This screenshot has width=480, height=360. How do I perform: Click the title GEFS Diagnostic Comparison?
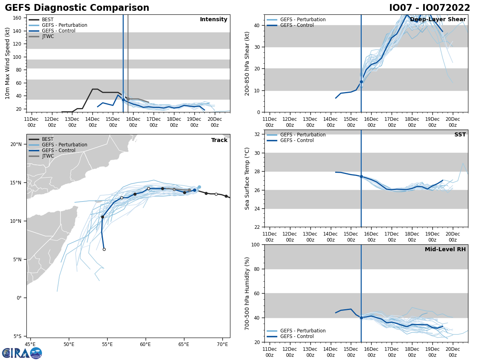[x=77, y=8]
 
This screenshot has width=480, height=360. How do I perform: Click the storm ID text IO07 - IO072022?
[x=430, y=8]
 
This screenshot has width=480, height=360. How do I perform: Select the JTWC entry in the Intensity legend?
[x=48, y=36]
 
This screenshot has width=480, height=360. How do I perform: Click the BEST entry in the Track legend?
[x=48, y=139]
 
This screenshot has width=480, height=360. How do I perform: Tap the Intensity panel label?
[x=214, y=20]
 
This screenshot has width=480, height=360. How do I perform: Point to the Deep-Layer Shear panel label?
[x=438, y=20]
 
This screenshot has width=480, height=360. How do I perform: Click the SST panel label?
[x=460, y=135]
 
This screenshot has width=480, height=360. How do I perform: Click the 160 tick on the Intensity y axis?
[x=18, y=18]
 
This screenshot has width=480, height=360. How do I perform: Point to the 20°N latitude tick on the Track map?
[x=16, y=144]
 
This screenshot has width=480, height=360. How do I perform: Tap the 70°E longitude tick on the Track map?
[x=222, y=344]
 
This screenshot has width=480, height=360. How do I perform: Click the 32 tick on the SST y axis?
[x=257, y=134]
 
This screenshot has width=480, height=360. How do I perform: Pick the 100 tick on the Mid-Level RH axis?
[x=256, y=244]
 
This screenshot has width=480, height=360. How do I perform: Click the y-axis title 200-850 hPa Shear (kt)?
[x=248, y=63]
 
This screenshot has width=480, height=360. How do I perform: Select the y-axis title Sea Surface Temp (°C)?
[x=248, y=178]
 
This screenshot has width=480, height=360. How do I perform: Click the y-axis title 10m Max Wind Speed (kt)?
[x=8, y=63]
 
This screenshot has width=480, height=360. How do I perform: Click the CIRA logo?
[x=22, y=353]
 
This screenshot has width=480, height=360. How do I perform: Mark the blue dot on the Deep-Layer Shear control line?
[x=361, y=82]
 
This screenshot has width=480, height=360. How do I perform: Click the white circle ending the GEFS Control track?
[x=104, y=249]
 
